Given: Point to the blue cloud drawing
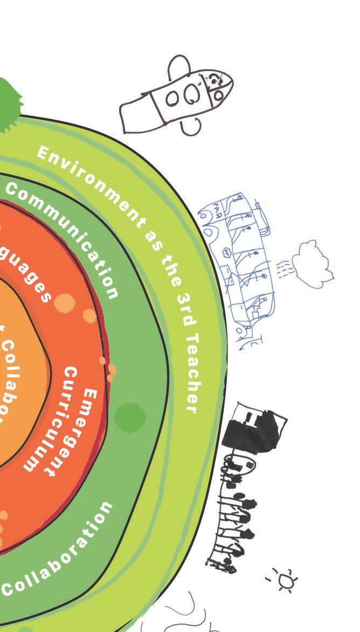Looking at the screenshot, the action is [313, 262].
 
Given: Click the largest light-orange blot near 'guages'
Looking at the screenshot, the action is [64, 302].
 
